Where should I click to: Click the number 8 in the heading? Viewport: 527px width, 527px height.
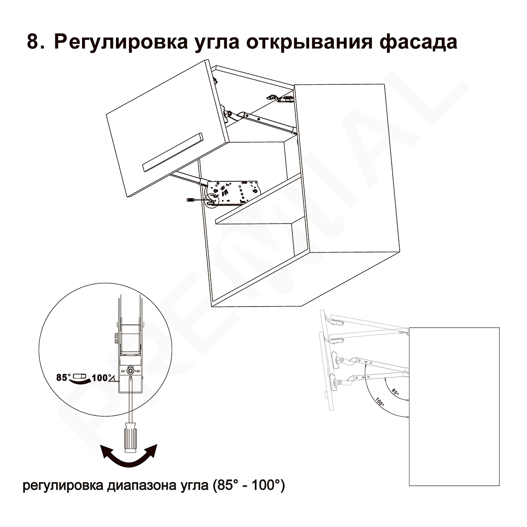tap(33, 42)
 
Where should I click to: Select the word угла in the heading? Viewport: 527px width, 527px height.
tap(217, 44)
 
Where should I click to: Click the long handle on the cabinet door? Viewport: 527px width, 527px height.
tap(173, 152)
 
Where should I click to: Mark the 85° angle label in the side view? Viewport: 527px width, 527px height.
tap(395, 392)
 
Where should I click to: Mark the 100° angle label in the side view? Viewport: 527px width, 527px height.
tap(380, 402)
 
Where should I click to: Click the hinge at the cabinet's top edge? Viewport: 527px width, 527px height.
tap(281, 98)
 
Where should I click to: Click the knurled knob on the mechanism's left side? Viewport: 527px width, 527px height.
tap(116, 338)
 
